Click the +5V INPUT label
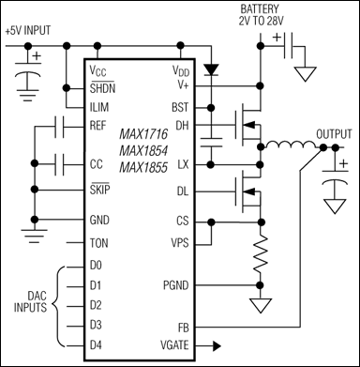tap(35, 30)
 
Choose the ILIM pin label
tap(100, 104)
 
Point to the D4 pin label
tap(97, 344)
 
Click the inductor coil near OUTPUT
tap(278, 145)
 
